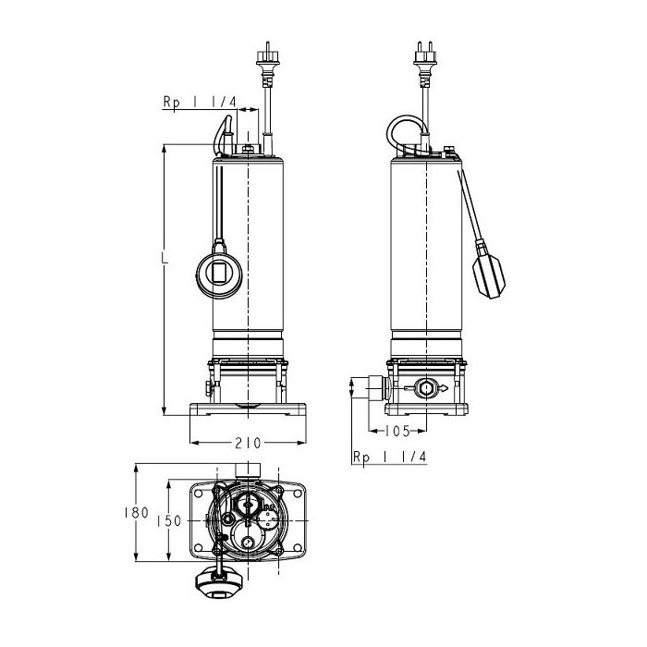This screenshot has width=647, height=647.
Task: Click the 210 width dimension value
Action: point(248,443)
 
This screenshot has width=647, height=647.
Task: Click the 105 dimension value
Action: point(397,432)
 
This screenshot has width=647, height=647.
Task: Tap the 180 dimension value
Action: point(136,512)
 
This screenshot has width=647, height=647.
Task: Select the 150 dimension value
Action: point(169,521)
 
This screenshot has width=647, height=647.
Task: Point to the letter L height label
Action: point(165,257)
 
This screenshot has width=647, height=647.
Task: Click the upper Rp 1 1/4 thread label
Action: point(200,102)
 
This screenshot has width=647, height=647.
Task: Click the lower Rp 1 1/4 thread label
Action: point(389,457)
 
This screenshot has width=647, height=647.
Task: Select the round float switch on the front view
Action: point(218,273)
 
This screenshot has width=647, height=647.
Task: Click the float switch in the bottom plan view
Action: point(217,582)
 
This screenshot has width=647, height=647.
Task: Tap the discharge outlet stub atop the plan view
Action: point(248,470)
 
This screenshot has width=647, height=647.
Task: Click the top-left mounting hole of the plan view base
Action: point(199,493)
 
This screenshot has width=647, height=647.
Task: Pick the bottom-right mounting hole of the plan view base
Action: point(297,547)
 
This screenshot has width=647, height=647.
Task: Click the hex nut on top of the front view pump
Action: point(248,149)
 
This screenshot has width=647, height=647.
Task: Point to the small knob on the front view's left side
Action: point(209,388)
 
